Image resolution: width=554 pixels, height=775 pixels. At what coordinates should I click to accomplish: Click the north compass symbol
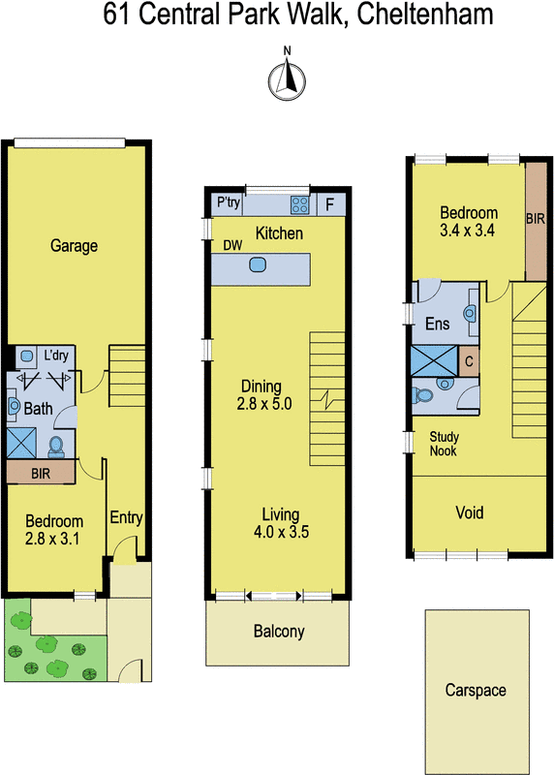[x=287, y=77]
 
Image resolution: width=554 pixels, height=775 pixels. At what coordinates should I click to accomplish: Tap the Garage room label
[x=75, y=246]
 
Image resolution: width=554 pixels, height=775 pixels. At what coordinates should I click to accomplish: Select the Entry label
[x=127, y=518]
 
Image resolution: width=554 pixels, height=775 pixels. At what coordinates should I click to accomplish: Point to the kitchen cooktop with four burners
[x=300, y=204]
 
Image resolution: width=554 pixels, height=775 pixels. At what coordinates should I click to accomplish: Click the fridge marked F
[x=329, y=204]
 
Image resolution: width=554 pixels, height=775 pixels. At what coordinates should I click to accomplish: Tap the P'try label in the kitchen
[x=229, y=203]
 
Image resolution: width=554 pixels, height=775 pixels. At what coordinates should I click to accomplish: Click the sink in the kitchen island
[x=259, y=264]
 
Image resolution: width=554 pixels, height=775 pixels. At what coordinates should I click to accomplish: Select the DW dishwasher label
[x=232, y=245]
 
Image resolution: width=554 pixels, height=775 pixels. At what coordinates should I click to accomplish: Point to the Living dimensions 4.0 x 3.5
[x=280, y=532]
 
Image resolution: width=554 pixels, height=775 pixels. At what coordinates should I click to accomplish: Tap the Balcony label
[x=279, y=633]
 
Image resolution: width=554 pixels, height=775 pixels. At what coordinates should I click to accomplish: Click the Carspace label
[x=476, y=691]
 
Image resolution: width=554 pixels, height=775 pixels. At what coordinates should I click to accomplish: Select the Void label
[x=469, y=512]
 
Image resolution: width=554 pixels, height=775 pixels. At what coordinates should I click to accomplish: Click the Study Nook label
[x=445, y=445]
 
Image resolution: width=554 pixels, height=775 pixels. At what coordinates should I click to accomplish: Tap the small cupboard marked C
[x=469, y=360]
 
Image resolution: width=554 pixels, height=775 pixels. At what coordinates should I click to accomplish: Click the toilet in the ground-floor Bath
[x=56, y=446]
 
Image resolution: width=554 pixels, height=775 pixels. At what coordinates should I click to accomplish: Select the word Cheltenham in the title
[x=415, y=15]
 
